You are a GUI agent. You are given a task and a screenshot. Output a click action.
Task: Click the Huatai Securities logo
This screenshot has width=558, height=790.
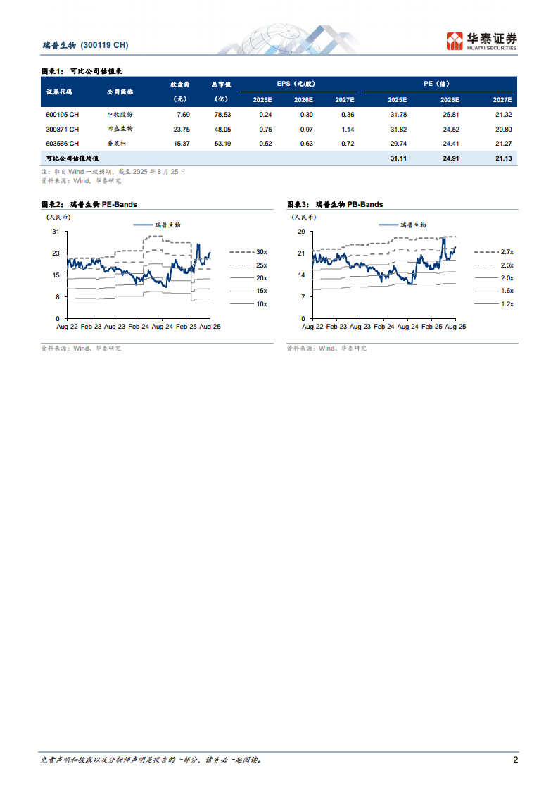pyautogui.click(x=482, y=41)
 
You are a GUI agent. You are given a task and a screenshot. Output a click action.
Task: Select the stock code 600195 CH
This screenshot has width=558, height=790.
pyautogui.click(x=62, y=114)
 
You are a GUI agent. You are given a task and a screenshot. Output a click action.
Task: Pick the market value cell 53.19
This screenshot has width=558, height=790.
pyautogui.click(x=222, y=144)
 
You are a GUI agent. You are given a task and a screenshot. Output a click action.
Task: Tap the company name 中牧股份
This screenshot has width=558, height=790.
pyautogui.click(x=120, y=114)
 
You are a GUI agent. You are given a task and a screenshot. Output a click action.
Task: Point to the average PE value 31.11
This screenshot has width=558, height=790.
pyautogui.click(x=398, y=160)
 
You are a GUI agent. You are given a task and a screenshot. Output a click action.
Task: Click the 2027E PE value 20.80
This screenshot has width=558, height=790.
pyautogui.click(x=503, y=129)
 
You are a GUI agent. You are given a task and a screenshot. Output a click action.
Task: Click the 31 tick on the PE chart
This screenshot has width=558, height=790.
pyautogui.click(x=56, y=232)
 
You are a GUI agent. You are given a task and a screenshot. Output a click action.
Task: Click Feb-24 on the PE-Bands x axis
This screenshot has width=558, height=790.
pyautogui.click(x=139, y=327)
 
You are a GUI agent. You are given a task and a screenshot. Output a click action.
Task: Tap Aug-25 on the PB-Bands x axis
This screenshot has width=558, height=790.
pyautogui.click(x=456, y=327)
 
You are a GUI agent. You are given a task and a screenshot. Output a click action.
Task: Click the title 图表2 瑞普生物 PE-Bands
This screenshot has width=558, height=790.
pyautogui.click(x=89, y=204)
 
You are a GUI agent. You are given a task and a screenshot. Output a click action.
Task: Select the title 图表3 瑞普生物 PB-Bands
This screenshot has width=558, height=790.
pyautogui.click(x=335, y=204)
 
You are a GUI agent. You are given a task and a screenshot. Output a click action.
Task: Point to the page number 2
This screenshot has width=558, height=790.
pyautogui.click(x=515, y=760)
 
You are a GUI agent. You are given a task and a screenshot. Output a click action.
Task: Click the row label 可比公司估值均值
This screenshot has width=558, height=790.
pyautogui.click(x=72, y=160)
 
